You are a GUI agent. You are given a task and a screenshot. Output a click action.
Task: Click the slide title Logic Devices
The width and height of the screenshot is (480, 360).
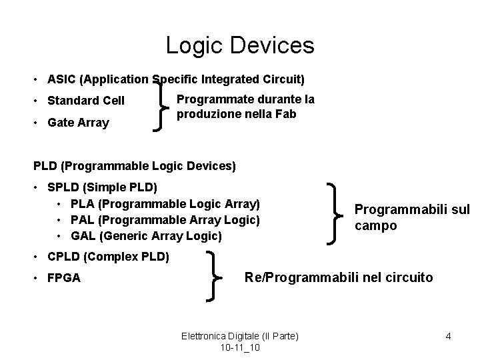point(239,45)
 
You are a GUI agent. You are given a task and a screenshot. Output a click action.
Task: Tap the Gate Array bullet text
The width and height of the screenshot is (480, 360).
point(78,123)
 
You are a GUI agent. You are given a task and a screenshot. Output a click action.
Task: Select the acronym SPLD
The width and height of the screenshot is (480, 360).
point(63,186)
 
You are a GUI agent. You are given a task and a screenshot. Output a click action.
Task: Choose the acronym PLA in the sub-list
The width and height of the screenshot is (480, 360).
point(83,203)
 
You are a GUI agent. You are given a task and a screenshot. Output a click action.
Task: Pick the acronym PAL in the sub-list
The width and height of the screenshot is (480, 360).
point(83,219)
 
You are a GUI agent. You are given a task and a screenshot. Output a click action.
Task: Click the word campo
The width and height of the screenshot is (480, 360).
point(375,225)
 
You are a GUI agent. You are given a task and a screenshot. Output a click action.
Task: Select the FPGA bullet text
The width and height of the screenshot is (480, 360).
point(64,278)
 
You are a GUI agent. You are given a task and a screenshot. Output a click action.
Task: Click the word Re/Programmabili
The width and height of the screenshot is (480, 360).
point(296,276)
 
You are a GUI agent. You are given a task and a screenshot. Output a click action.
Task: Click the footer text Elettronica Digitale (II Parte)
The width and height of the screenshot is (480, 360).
point(240,337)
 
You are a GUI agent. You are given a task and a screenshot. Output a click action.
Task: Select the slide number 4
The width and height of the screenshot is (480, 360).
point(449,337)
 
